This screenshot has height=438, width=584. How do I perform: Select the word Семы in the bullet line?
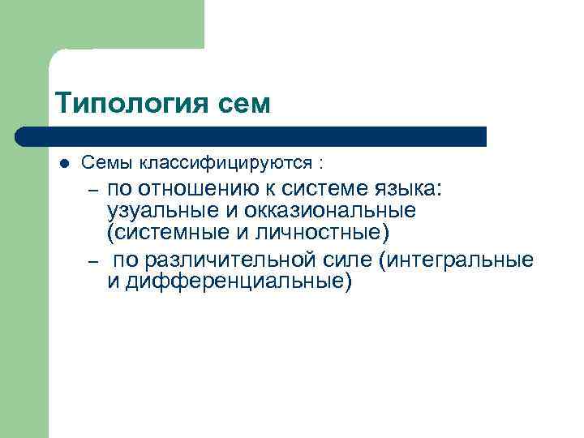pos(108,163)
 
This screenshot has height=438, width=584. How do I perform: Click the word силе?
pos(363,260)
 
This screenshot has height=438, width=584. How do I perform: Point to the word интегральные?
pos(463,260)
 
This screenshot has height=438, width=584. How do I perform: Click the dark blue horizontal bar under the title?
pos(251,136)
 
